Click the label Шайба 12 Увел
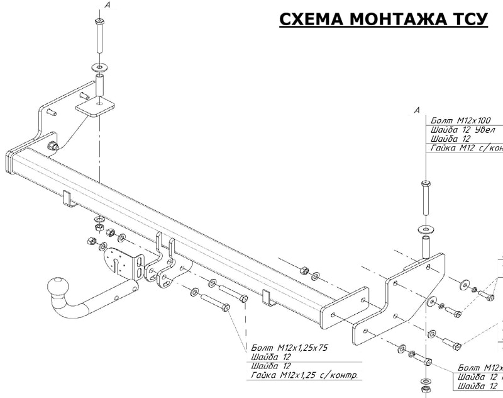pos(463,130)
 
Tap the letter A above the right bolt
pos(417,111)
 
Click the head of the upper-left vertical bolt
pos(99,24)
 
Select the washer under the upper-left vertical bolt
pos(99,65)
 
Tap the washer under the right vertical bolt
pos(426,228)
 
